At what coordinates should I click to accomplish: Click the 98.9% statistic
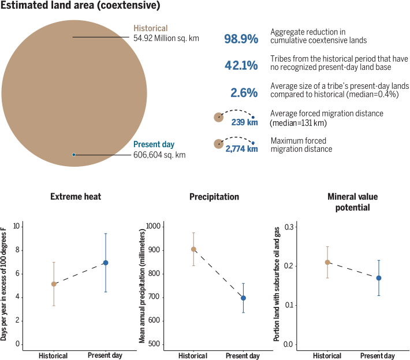pos(241,39)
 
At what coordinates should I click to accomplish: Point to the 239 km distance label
pos(244,122)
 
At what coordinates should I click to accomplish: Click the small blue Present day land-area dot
pos(74,155)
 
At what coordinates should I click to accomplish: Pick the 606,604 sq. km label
pos(160,155)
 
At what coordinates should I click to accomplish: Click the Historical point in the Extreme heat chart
pos(54,284)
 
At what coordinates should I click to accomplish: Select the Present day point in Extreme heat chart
pos(105,262)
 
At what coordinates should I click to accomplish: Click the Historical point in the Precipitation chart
pos(193,249)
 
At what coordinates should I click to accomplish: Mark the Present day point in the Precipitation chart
pos(243,298)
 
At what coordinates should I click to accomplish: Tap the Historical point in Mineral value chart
pos(327,262)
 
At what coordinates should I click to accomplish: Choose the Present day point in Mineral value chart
pos(379,278)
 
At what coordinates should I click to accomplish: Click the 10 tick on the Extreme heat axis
pos(17,226)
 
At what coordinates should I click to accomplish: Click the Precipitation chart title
pos(214,197)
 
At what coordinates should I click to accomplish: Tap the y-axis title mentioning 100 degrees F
pos(4,283)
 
